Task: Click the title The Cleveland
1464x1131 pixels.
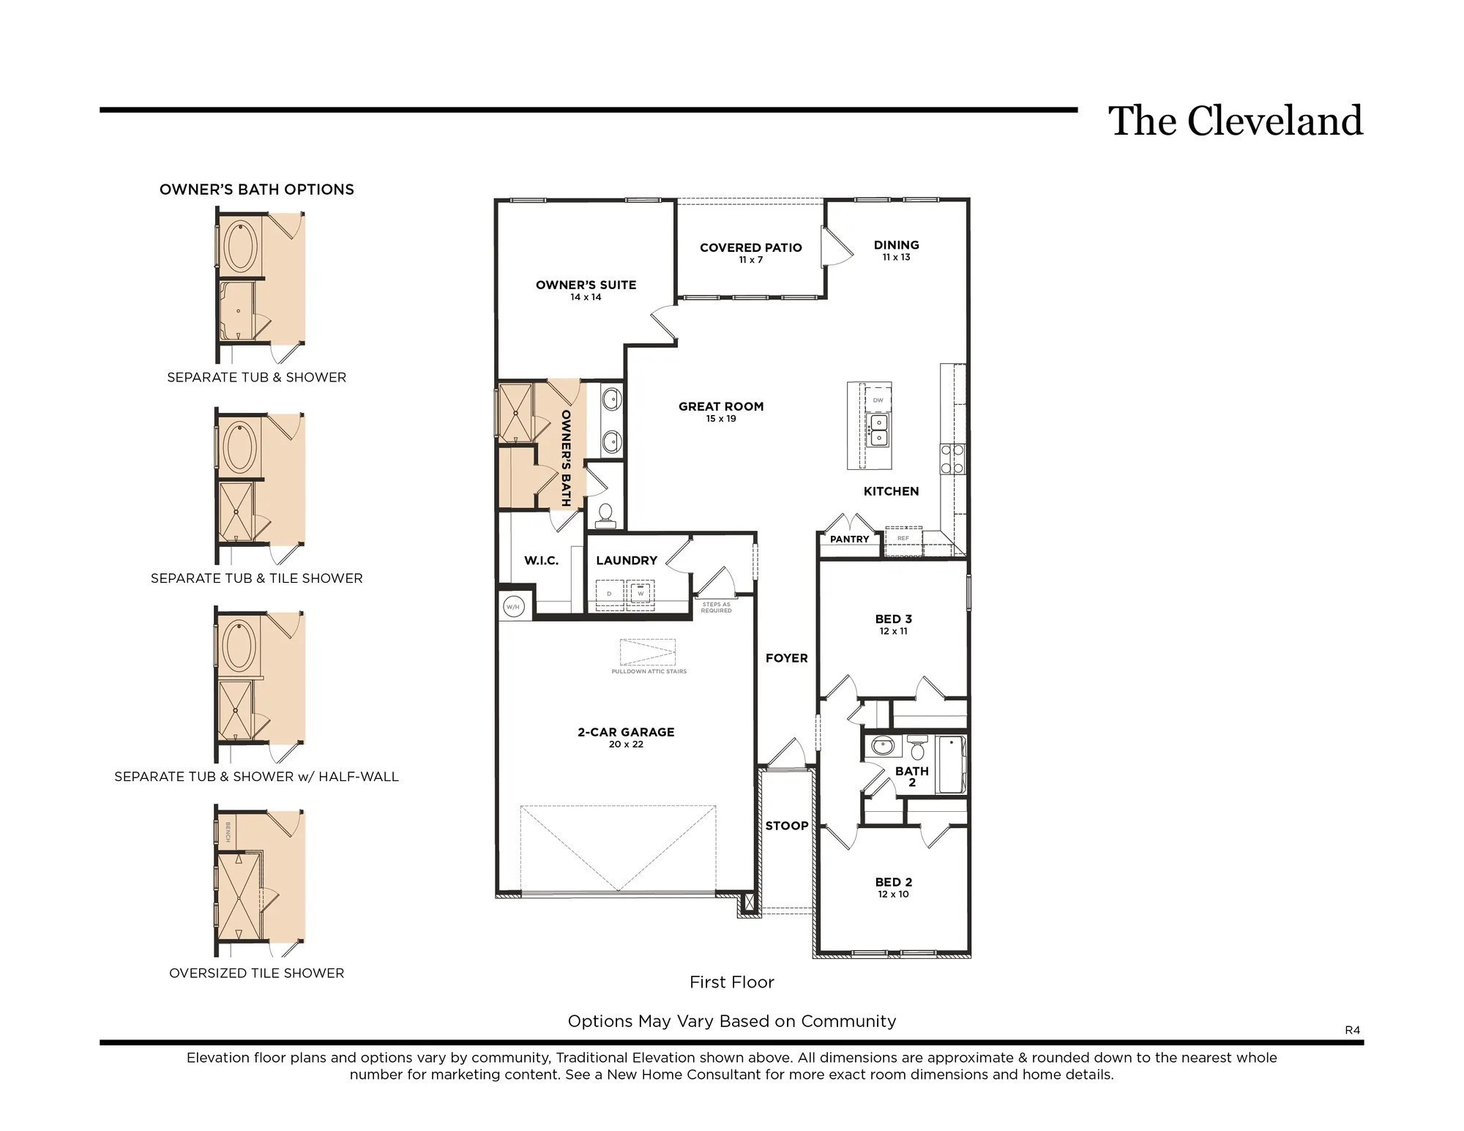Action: click(x=1235, y=122)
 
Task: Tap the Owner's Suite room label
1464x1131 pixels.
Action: click(x=586, y=285)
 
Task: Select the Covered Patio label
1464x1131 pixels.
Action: click(x=750, y=247)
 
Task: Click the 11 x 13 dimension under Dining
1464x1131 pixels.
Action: click(x=896, y=258)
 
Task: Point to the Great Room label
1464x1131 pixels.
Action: click(x=720, y=406)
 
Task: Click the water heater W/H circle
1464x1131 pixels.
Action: click(x=513, y=607)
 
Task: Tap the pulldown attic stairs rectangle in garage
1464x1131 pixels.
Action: click(x=648, y=652)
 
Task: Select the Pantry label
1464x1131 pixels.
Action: click(x=849, y=540)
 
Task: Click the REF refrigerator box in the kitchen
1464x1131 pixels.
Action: click(x=903, y=539)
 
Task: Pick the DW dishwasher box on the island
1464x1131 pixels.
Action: click(x=878, y=400)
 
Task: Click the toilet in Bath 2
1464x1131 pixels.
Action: click(x=917, y=748)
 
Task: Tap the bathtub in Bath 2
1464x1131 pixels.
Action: click(x=951, y=764)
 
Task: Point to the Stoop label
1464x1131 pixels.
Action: click(x=787, y=826)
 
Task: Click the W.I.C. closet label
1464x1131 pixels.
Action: click(x=541, y=561)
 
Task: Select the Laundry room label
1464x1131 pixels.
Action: click(x=627, y=561)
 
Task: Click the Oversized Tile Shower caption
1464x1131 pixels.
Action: click(x=256, y=973)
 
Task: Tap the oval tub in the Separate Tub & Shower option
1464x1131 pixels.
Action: click(x=239, y=247)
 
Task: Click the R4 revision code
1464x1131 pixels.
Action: click(x=1352, y=1030)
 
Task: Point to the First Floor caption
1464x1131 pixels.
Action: click(x=731, y=982)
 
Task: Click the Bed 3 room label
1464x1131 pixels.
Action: click(x=893, y=619)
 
